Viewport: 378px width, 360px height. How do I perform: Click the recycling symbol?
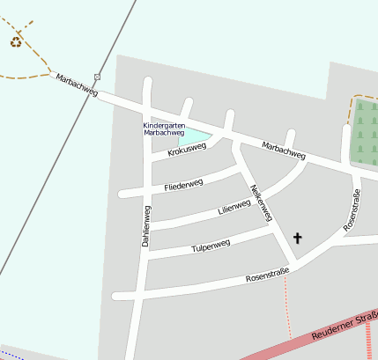point(16,40)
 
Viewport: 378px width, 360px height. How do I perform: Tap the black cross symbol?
point(297,238)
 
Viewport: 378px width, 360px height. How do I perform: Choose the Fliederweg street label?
point(183,185)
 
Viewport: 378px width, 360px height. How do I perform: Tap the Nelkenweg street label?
point(262,202)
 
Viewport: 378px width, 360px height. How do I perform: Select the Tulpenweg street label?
point(211,247)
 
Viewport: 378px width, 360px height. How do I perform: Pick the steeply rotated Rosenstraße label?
point(352,210)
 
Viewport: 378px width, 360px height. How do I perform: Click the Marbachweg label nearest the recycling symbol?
point(75,85)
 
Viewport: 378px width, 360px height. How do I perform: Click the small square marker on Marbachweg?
point(97,77)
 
